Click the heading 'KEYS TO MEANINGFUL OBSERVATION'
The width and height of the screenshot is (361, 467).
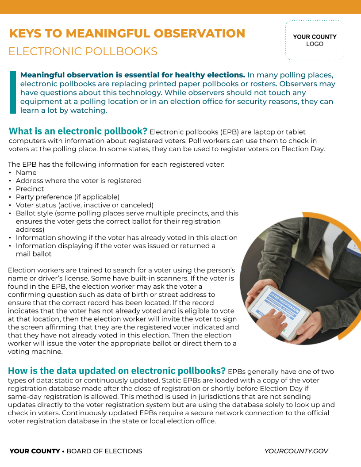coord(127,34)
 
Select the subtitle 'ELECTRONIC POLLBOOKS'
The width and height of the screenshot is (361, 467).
coord(83,52)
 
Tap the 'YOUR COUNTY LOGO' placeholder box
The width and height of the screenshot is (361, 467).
coord(315,40)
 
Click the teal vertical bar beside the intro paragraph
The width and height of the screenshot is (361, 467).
coord(12,92)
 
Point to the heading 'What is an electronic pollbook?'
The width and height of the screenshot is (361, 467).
coord(78,131)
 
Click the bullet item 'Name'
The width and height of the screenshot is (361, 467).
coord(26,172)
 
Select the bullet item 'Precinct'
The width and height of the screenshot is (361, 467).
coord(30,189)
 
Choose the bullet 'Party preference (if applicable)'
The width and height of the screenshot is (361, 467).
coord(67,197)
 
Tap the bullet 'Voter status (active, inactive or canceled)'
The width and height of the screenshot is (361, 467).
coord(84,205)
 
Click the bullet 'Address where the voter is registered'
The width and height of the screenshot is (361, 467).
coord(78,180)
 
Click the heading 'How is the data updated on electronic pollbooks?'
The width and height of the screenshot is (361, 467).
coord(117,371)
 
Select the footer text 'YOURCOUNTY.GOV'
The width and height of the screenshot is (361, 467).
coord(296,451)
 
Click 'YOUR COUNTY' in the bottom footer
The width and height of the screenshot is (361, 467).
coord(35,451)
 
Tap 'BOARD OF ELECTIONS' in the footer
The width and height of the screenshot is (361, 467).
coord(104,451)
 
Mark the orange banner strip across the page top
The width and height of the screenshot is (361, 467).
coord(180,7)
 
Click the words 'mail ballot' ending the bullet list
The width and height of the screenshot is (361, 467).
coord(34,254)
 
